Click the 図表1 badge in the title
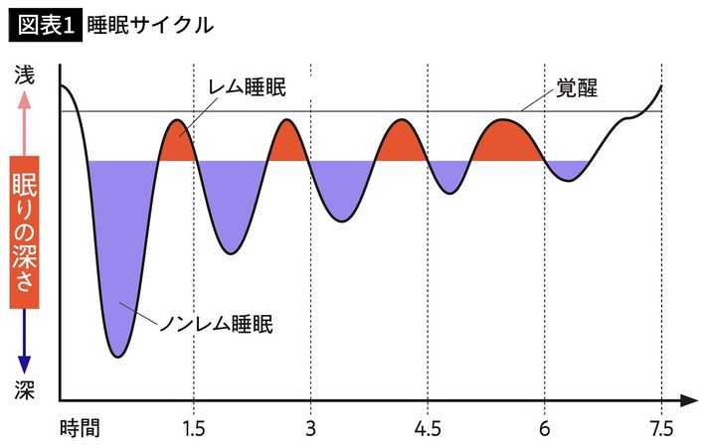click(x=44, y=25)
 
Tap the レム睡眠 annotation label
click(x=247, y=87)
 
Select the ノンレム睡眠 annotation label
click(x=216, y=323)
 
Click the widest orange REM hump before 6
click(x=507, y=142)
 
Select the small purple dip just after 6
click(x=567, y=169)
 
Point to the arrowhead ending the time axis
click(x=688, y=401)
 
